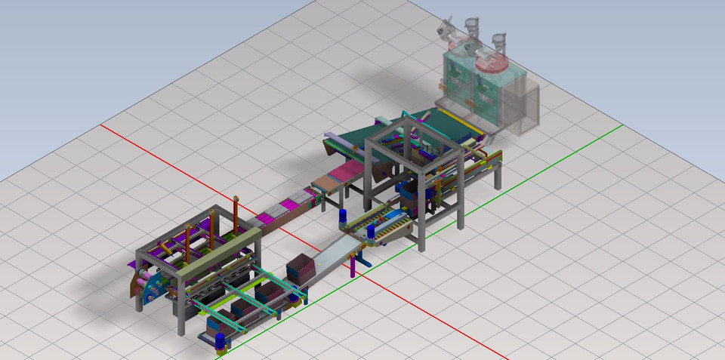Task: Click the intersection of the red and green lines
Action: (x=359, y=273)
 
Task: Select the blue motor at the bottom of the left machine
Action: (x=221, y=340)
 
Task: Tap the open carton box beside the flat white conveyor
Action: (x=300, y=268)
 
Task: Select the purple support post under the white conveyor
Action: (x=358, y=265)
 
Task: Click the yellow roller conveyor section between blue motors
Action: (x=377, y=222)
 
